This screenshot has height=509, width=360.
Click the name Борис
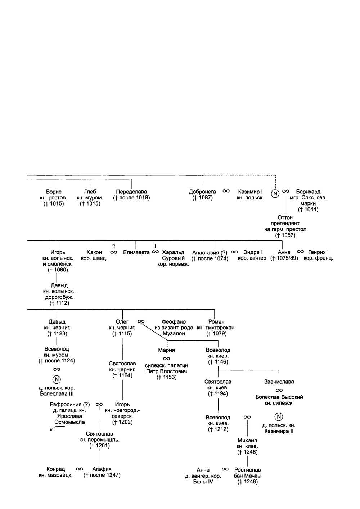pyautogui.click(x=54, y=192)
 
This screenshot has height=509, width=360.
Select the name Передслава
pyautogui.click(x=131, y=192)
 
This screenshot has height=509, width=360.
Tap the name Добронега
pyautogui.click(x=202, y=192)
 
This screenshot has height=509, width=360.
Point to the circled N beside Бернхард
pyautogui.click(x=275, y=194)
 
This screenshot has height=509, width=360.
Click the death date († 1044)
pyautogui.click(x=308, y=210)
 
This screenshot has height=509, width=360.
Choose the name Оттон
pyautogui.click(x=285, y=217)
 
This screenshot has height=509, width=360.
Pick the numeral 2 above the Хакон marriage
pyautogui.click(x=114, y=246)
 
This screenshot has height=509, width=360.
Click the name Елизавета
pyautogui.click(x=136, y=252)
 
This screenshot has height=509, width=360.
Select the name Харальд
pyautogui.click(x=173, y=252)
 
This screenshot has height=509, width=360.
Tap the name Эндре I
pyautogui.click(x=253, y=252)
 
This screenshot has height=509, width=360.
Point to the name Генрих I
pyautogui.click(x=318, y=252)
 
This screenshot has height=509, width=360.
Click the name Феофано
pyautogui.click(x=174, y=322)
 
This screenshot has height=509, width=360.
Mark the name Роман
pyautogui.click(x=216, y=322)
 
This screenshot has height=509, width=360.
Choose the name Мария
pyautogui.click(x=166, y=350)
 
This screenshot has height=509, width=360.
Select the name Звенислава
pyautogui.click(x=279, y=382)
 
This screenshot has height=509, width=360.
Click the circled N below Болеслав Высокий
pyautogui.click(x=279, y=417)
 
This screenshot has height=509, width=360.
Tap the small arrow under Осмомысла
pyautogui.click(x=53, y=428)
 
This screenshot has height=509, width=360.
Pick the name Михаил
pyautogui.click(x=247, y=440)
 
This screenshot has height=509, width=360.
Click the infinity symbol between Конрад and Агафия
pyautogui.click(x=80, y=469)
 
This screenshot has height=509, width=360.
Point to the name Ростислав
pyautogui.click(x=247, y=470)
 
